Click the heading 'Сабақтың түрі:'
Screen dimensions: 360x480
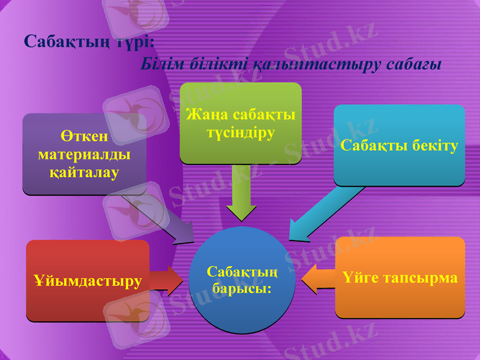coord(89,41)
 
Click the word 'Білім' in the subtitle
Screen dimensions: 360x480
coord(158,64)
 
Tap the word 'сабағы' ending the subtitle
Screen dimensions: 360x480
coord(416,64)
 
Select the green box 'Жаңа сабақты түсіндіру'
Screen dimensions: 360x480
coord(241,124)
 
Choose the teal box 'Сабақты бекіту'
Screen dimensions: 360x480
coord(399,145)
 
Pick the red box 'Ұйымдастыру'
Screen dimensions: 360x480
coord(88,281)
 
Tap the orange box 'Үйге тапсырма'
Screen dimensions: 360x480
coord(400,278)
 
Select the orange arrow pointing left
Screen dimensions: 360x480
coord(318,279)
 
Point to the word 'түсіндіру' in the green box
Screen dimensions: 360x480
coord(241,133)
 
